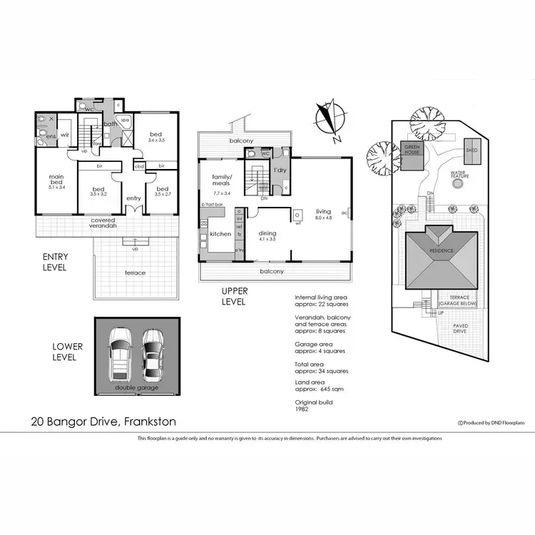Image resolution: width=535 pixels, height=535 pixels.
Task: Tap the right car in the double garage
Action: point(153,355)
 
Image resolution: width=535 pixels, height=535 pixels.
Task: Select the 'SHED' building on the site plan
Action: point(472,151)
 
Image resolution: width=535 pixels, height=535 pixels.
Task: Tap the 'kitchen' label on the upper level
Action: point(220,234)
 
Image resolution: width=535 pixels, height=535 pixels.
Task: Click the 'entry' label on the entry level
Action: point(133,198)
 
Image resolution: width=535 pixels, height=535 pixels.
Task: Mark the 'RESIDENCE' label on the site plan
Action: point(441,251)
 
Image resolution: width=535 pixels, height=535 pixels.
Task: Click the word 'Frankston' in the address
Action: point(150,422)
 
